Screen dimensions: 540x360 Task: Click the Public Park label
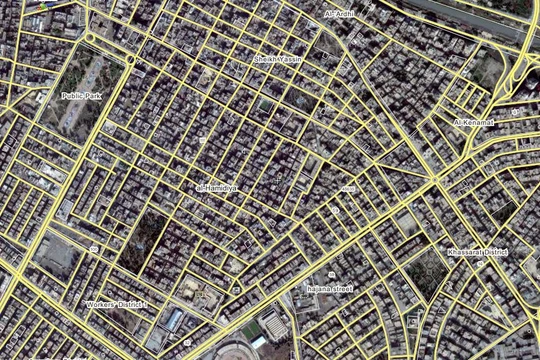tap(80, 96)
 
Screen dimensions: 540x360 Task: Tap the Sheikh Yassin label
tap(278, 60)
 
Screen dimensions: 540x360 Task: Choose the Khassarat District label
tap(477, 251)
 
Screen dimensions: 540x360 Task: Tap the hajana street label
tap(329, 289)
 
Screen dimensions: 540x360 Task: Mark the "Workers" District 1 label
tap(116, 303)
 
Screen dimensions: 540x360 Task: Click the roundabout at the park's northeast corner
tap(131, 59)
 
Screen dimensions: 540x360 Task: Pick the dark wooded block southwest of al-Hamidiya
tap(144, 241)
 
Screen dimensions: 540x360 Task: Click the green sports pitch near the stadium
tap(250, 330)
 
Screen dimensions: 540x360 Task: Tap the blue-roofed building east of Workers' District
tap(174, 319)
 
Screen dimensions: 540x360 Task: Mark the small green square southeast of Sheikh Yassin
tap(264, 104)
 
